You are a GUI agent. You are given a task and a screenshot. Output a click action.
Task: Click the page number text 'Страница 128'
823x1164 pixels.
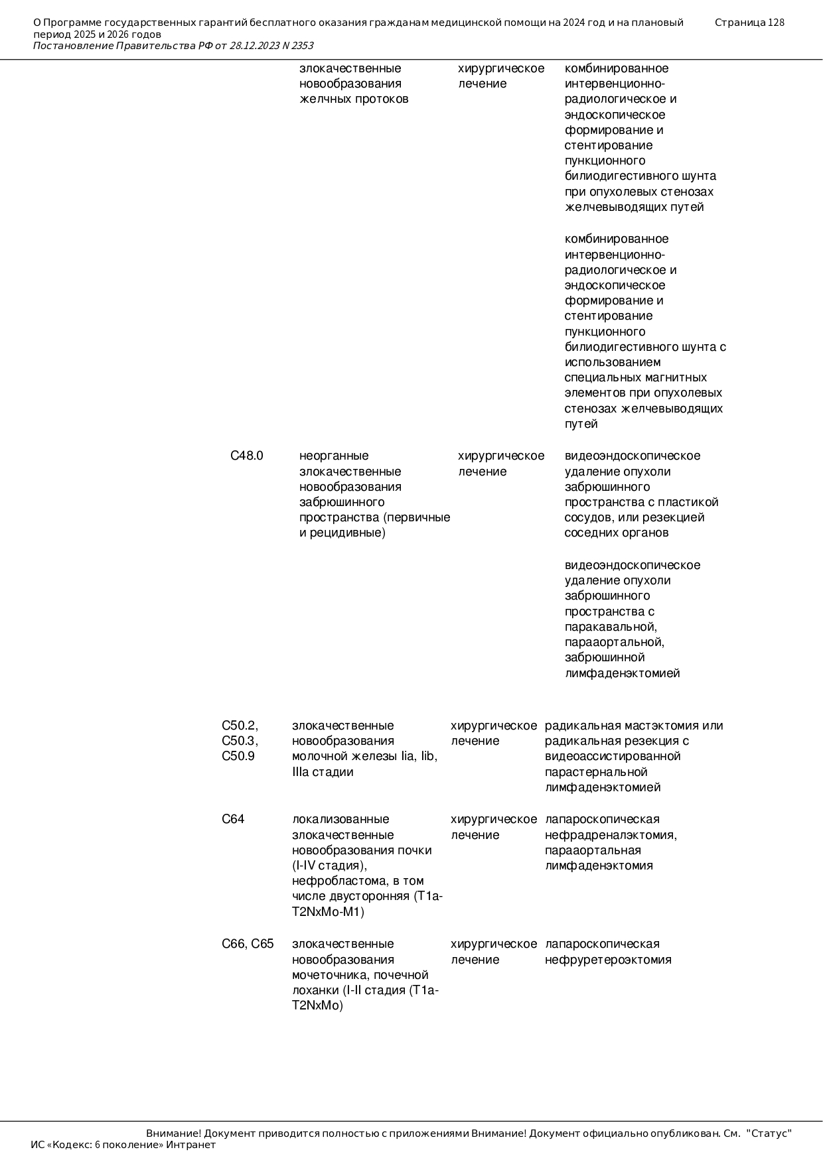pos(749,23)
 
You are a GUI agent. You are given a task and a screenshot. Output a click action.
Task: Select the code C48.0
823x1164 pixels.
pos(247,456)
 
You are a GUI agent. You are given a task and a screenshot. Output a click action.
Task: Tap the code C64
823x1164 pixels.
pos(233,819)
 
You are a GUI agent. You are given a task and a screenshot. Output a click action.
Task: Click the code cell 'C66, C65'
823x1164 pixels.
pos(248,944)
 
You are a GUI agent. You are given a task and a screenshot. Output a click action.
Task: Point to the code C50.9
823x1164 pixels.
pos(238,756)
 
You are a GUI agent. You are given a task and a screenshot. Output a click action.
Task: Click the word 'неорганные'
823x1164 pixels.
pos(334,456)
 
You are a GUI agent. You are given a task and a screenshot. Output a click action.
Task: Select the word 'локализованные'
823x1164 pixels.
pos(340,819)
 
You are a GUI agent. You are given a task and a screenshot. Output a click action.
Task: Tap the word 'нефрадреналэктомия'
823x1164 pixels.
pos(610,835)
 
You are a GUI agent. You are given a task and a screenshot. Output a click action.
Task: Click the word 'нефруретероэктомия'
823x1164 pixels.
pos(608,960)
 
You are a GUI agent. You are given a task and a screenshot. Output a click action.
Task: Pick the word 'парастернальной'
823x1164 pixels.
pos(596,772)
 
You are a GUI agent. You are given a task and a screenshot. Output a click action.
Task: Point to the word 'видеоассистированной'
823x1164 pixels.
pos(613,756)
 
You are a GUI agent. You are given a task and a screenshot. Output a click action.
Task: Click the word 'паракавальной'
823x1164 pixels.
pos(611,627)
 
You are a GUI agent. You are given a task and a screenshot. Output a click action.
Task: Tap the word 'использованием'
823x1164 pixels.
pos(613,362)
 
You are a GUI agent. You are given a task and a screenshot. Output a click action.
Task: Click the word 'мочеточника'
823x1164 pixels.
pos(330,975)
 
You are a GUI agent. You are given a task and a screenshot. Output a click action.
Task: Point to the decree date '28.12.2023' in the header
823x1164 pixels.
pos(256,46)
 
